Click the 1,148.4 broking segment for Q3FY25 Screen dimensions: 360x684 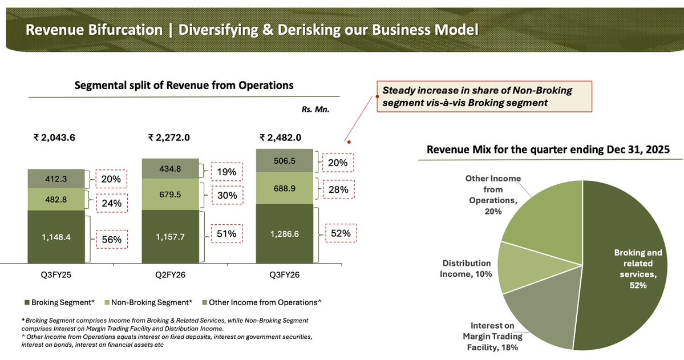click(x=56, y=237)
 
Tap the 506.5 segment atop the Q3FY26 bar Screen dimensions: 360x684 click(x=284, y=161)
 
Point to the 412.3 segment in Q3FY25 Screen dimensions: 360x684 click(x=56, y=179)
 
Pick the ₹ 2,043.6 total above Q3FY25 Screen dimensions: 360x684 click(x=54, y=137)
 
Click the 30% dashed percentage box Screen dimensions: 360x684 click(x=226, y=195)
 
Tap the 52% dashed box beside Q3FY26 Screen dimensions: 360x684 click(x=341, y=233)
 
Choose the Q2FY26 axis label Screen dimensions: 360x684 click(x=170, y=274)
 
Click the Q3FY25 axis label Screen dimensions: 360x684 click(x=56, y=274)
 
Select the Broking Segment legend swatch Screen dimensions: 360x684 click(x=26, y=302)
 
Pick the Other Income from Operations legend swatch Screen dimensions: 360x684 click(x=204, y=302)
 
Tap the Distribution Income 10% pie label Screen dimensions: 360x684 click(x=466, y=268)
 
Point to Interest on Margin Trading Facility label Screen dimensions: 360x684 click(x=489, y=336)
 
